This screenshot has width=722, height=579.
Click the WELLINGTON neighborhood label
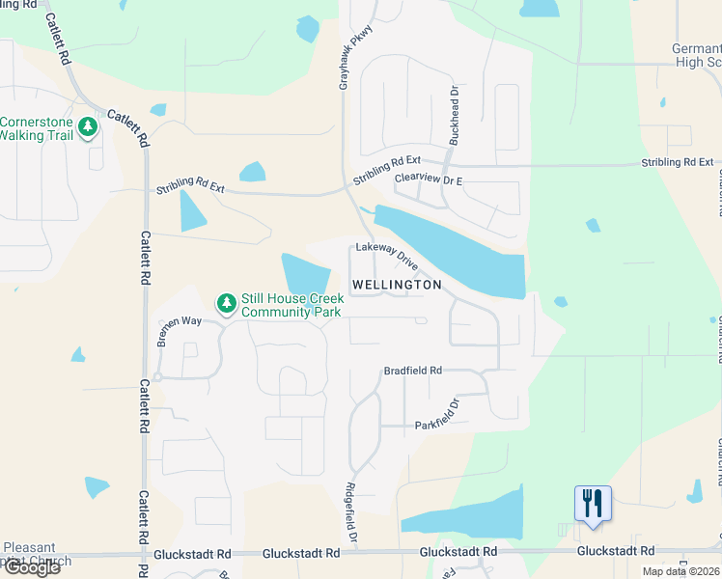click(397, 285)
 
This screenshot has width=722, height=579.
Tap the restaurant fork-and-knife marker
click(593, 504)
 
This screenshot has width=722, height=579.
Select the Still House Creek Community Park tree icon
click(227, 304)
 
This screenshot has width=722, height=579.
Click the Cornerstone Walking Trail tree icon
click(89, 127)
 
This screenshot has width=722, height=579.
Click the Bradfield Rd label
click(412, 371)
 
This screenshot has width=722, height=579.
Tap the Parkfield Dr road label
click(435, 415)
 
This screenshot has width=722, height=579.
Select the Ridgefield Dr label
click(352, 510)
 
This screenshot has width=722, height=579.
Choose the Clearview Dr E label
click(429, 179)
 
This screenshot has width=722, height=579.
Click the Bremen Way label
click(180, 326)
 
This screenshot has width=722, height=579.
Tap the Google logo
click(31, 567)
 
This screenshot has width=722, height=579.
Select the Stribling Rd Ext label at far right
click(679, 162)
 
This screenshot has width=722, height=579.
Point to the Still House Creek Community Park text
click(292, 306)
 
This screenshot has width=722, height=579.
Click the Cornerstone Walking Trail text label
click(37, 128)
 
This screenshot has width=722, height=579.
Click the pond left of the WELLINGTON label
click(307, 275)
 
